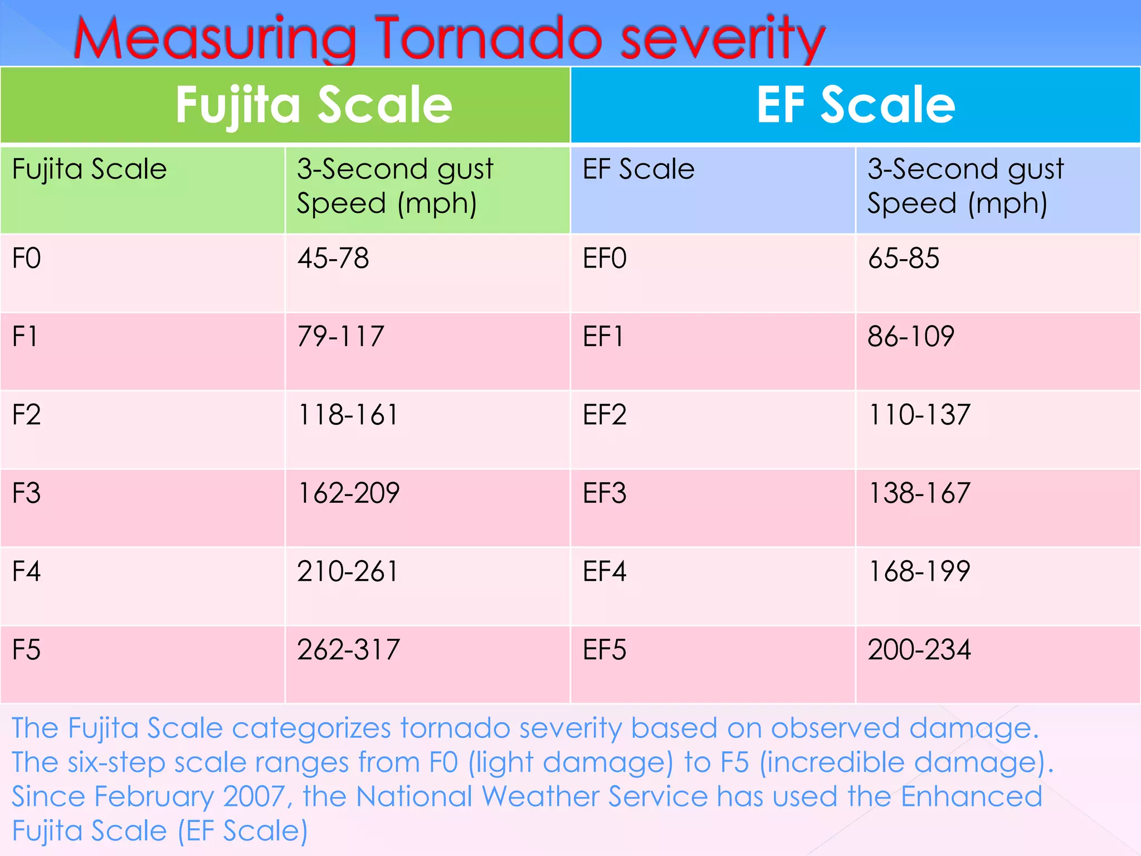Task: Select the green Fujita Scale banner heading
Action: tap(314, 106)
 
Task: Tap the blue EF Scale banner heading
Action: tap(856, 105)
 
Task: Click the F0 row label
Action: tap(27, 259)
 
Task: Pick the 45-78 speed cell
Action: tap(333, 259)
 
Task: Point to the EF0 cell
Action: tap(604, 259)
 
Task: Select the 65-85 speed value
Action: tap(904, 259)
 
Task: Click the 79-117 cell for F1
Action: tap(340, 337)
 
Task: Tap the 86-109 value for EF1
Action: tap(911, 337)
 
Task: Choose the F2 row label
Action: tap(27, 415)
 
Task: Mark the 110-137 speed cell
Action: tap(919, 415)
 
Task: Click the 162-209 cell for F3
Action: tap(348, 493)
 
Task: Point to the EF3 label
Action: tap(604, 493)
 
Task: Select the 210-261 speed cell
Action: tap(348, 572)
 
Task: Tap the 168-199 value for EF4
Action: tap(919, 572)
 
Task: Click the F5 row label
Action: tap(27, 650)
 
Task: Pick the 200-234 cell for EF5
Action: tap(919, 650)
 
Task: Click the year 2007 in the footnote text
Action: tap(254, 796)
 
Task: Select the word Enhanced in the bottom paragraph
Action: tap(971, 796)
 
